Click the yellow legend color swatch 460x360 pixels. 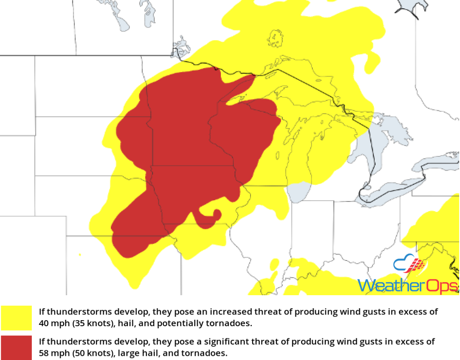coord(16,318)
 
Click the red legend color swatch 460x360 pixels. coord(16,347)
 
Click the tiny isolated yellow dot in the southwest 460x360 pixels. coord(80,254)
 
